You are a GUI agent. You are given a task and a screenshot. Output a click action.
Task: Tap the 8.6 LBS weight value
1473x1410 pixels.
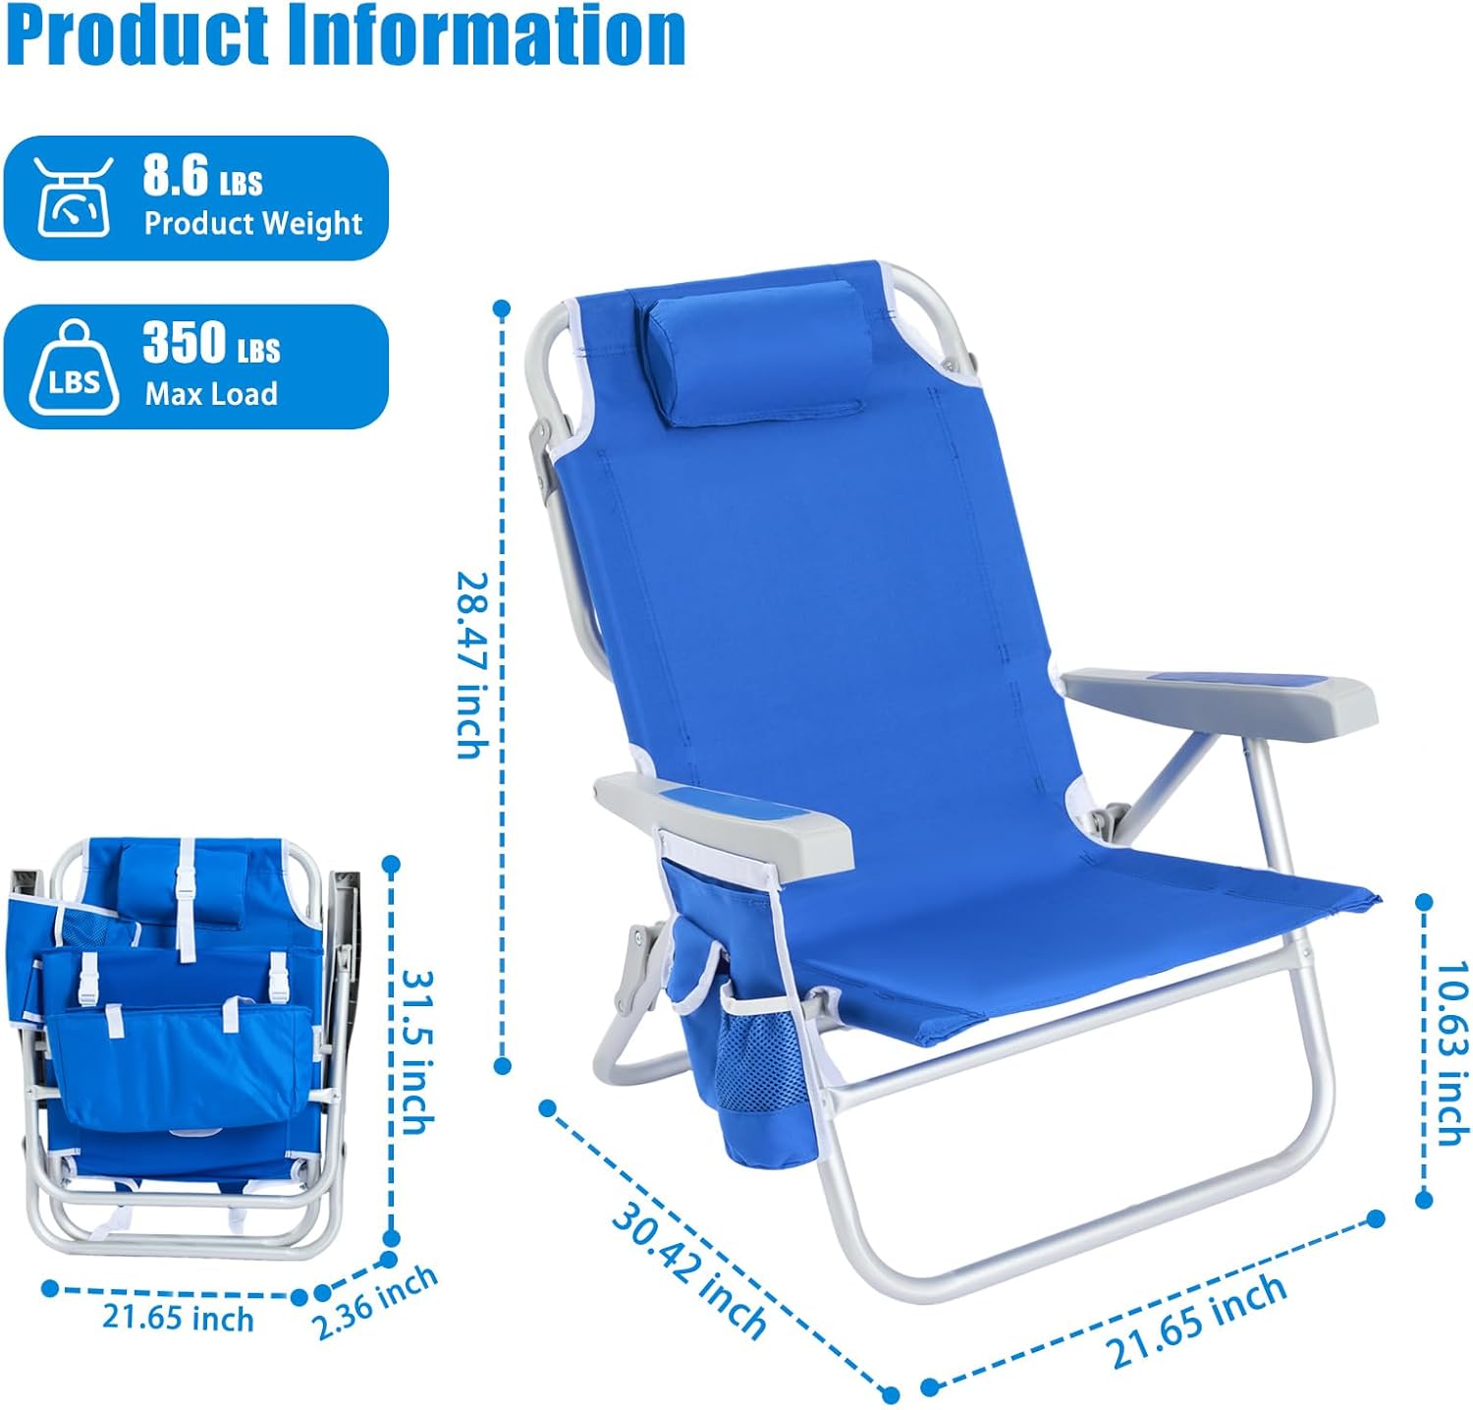[202, 177]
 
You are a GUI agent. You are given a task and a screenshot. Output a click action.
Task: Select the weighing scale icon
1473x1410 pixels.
[75, 197]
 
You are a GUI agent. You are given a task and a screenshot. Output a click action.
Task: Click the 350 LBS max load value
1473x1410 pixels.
[211, 344]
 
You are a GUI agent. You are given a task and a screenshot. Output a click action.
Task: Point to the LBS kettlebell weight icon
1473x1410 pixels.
[75, 367]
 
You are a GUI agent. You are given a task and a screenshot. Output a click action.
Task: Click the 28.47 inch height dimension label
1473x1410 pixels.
[472, 665]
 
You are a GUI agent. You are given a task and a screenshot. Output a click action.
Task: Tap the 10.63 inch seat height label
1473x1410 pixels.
[1449, 1052]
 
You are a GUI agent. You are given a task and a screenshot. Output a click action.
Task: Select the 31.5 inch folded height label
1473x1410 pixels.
[418, 1051]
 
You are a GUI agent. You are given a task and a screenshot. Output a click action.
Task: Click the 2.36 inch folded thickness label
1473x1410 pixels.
[374, 1303]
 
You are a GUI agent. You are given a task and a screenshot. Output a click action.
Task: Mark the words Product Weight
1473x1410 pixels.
[253, 223]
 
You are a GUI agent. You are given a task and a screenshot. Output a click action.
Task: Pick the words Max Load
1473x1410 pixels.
[211, 394]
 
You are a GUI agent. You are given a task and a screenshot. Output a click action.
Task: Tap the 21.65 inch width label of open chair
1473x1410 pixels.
[1198, 1320]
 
